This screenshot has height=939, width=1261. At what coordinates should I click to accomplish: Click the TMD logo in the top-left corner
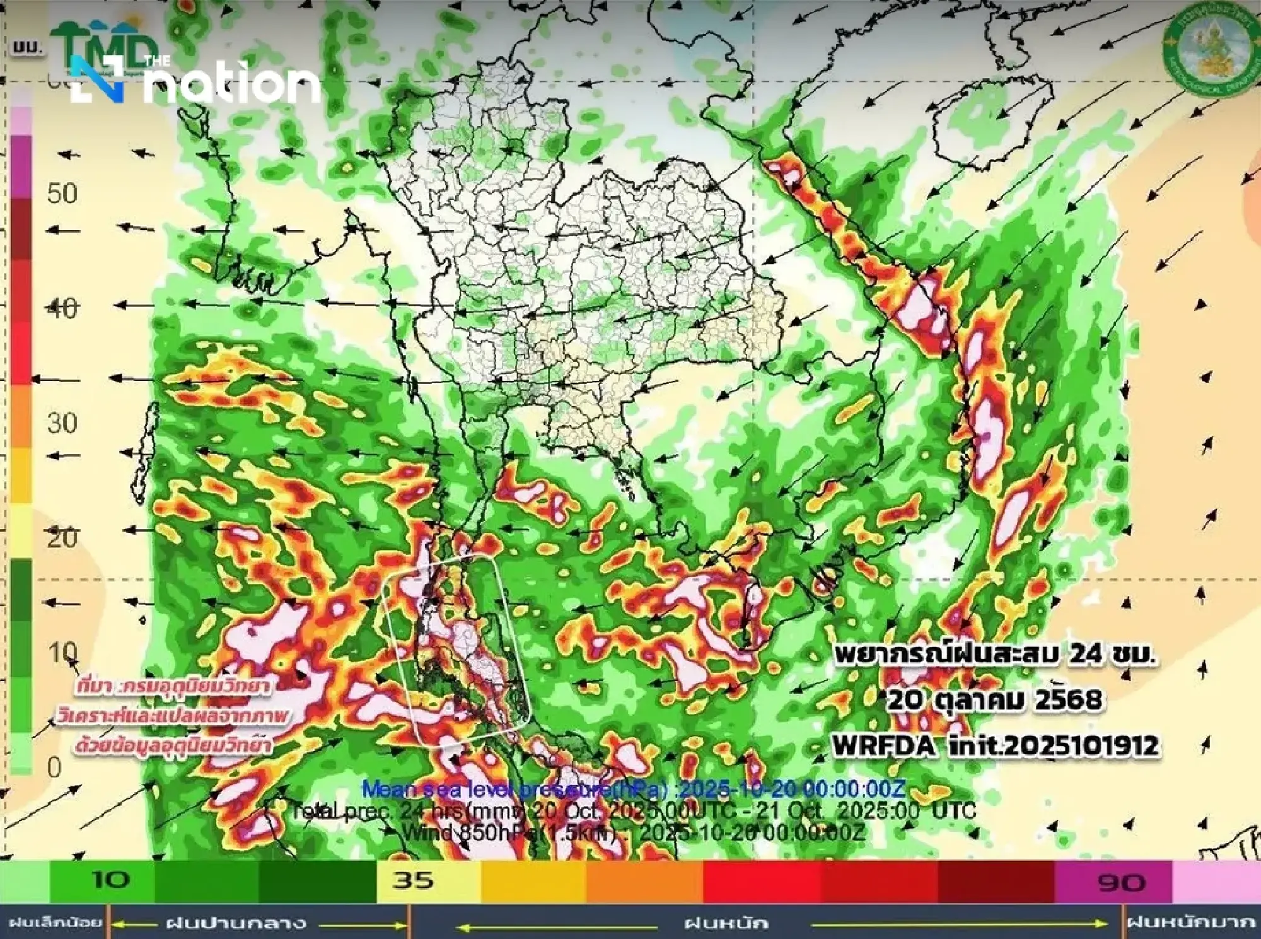click(x=104, y=47)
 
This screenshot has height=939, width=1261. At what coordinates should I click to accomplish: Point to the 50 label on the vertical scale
click(x=62, y=194)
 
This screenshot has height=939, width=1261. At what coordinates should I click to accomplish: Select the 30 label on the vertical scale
click(x=62, y=423)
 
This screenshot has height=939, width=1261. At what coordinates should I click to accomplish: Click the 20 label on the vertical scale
click(x=62, y=538)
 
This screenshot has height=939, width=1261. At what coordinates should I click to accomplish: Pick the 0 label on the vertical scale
click(x=54, y=767)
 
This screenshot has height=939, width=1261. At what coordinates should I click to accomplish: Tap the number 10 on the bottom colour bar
click(x=111, y=880)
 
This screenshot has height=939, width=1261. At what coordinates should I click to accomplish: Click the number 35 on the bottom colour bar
click(x=414, y=880)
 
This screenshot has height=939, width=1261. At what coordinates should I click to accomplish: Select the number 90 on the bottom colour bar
click(x=1120, y=882)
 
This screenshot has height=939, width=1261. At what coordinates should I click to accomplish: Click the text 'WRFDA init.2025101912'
click(x=995, y=746)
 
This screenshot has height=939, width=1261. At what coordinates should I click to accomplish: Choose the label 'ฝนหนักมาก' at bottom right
click(x=1190, y=923)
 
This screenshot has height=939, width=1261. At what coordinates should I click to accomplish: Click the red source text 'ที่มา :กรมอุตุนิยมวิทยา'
click(x=172, y=686)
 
